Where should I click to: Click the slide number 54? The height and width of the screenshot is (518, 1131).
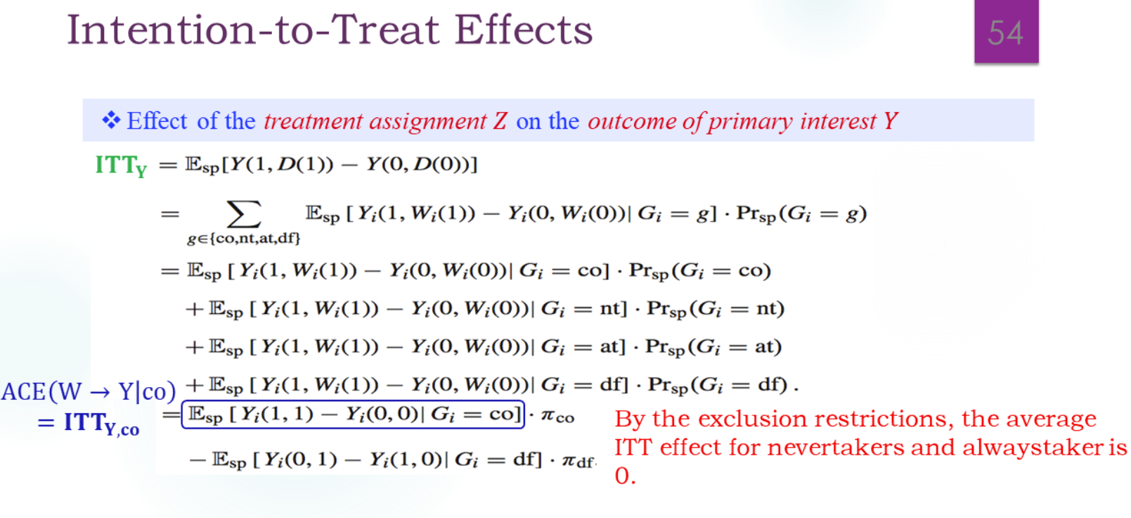(x=1005, y=32)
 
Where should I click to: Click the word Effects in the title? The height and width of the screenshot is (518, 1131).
(x=523, y=30)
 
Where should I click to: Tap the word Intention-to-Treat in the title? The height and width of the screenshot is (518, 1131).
(x=253, y=30)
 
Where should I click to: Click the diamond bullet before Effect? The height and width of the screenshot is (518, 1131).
(x=111, y=120)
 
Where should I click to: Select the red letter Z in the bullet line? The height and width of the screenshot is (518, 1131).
(x=499, y=121)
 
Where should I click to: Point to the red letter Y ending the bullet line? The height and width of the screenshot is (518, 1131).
(x=890, y=121)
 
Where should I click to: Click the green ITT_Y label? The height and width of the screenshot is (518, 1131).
(x=121, y=165)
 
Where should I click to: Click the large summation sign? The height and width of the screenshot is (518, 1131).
(x=243, y=213)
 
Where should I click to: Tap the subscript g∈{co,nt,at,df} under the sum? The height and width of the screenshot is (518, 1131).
(x=243, y=239)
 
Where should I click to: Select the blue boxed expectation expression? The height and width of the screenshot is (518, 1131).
(x=353, y=414)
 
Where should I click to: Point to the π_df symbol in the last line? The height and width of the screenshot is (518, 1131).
(x=578, y=462)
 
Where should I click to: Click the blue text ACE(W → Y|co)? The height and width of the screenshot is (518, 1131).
(x=89, y=391)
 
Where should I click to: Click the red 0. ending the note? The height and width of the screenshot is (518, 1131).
(x=625, y=476)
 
